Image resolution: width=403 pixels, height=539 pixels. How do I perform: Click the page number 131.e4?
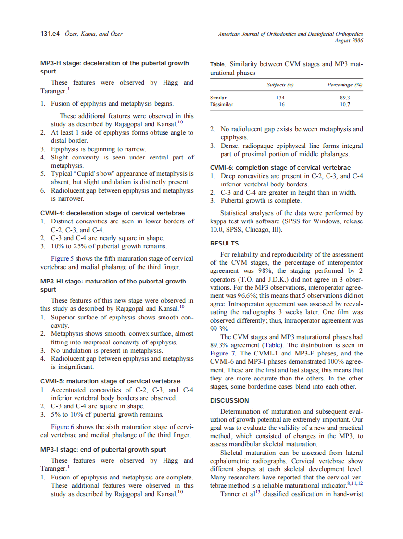tap(50, 34)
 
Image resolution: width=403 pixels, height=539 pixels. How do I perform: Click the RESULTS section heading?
tap(225, 244)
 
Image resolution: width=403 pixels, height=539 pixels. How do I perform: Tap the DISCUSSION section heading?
tap(229, 400)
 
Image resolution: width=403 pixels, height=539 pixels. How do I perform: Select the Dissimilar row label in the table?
tap(222, 104)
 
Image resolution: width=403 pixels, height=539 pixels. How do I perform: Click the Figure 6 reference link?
tap(63, 427)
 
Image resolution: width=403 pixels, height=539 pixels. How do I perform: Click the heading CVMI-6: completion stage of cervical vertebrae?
tap(280, 168)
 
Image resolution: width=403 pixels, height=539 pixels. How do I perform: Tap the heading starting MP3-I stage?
tap(103, 450)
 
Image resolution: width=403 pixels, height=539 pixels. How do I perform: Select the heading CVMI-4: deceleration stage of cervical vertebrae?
tap(113, 213)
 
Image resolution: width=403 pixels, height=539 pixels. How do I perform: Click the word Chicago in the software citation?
tap(259, 230)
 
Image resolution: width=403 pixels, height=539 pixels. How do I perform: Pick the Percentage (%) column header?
tap(345, 85)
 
